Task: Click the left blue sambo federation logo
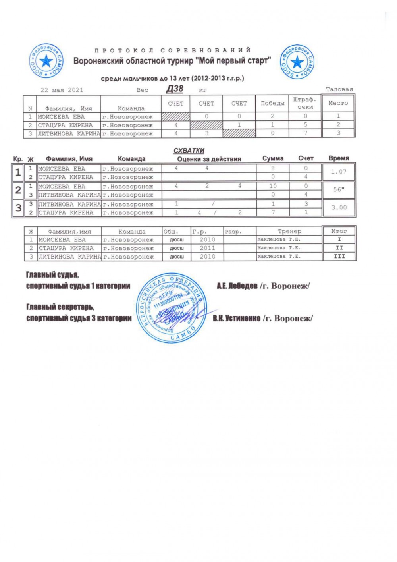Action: point(46,61)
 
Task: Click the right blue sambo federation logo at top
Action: point(297,62)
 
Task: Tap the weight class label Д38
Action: point(175,89)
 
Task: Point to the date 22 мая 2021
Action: point(62,90)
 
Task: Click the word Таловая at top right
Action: point(339,89)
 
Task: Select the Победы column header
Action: point(272,104)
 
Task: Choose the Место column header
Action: point(338,103)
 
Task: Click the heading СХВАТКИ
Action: point(189,151)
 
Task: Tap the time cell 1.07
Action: point(339,172)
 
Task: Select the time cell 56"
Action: point(339,190)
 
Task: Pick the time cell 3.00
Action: point(339,207)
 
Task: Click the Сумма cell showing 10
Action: point(273,186)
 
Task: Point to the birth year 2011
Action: point(207,248)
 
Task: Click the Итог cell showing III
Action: point(339,256)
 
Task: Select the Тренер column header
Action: point(289,231)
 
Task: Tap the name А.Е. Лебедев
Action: point(237,286)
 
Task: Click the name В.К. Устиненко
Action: point(237,319)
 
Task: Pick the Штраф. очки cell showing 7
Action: point(305,133)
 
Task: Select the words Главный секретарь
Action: point(60,307)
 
